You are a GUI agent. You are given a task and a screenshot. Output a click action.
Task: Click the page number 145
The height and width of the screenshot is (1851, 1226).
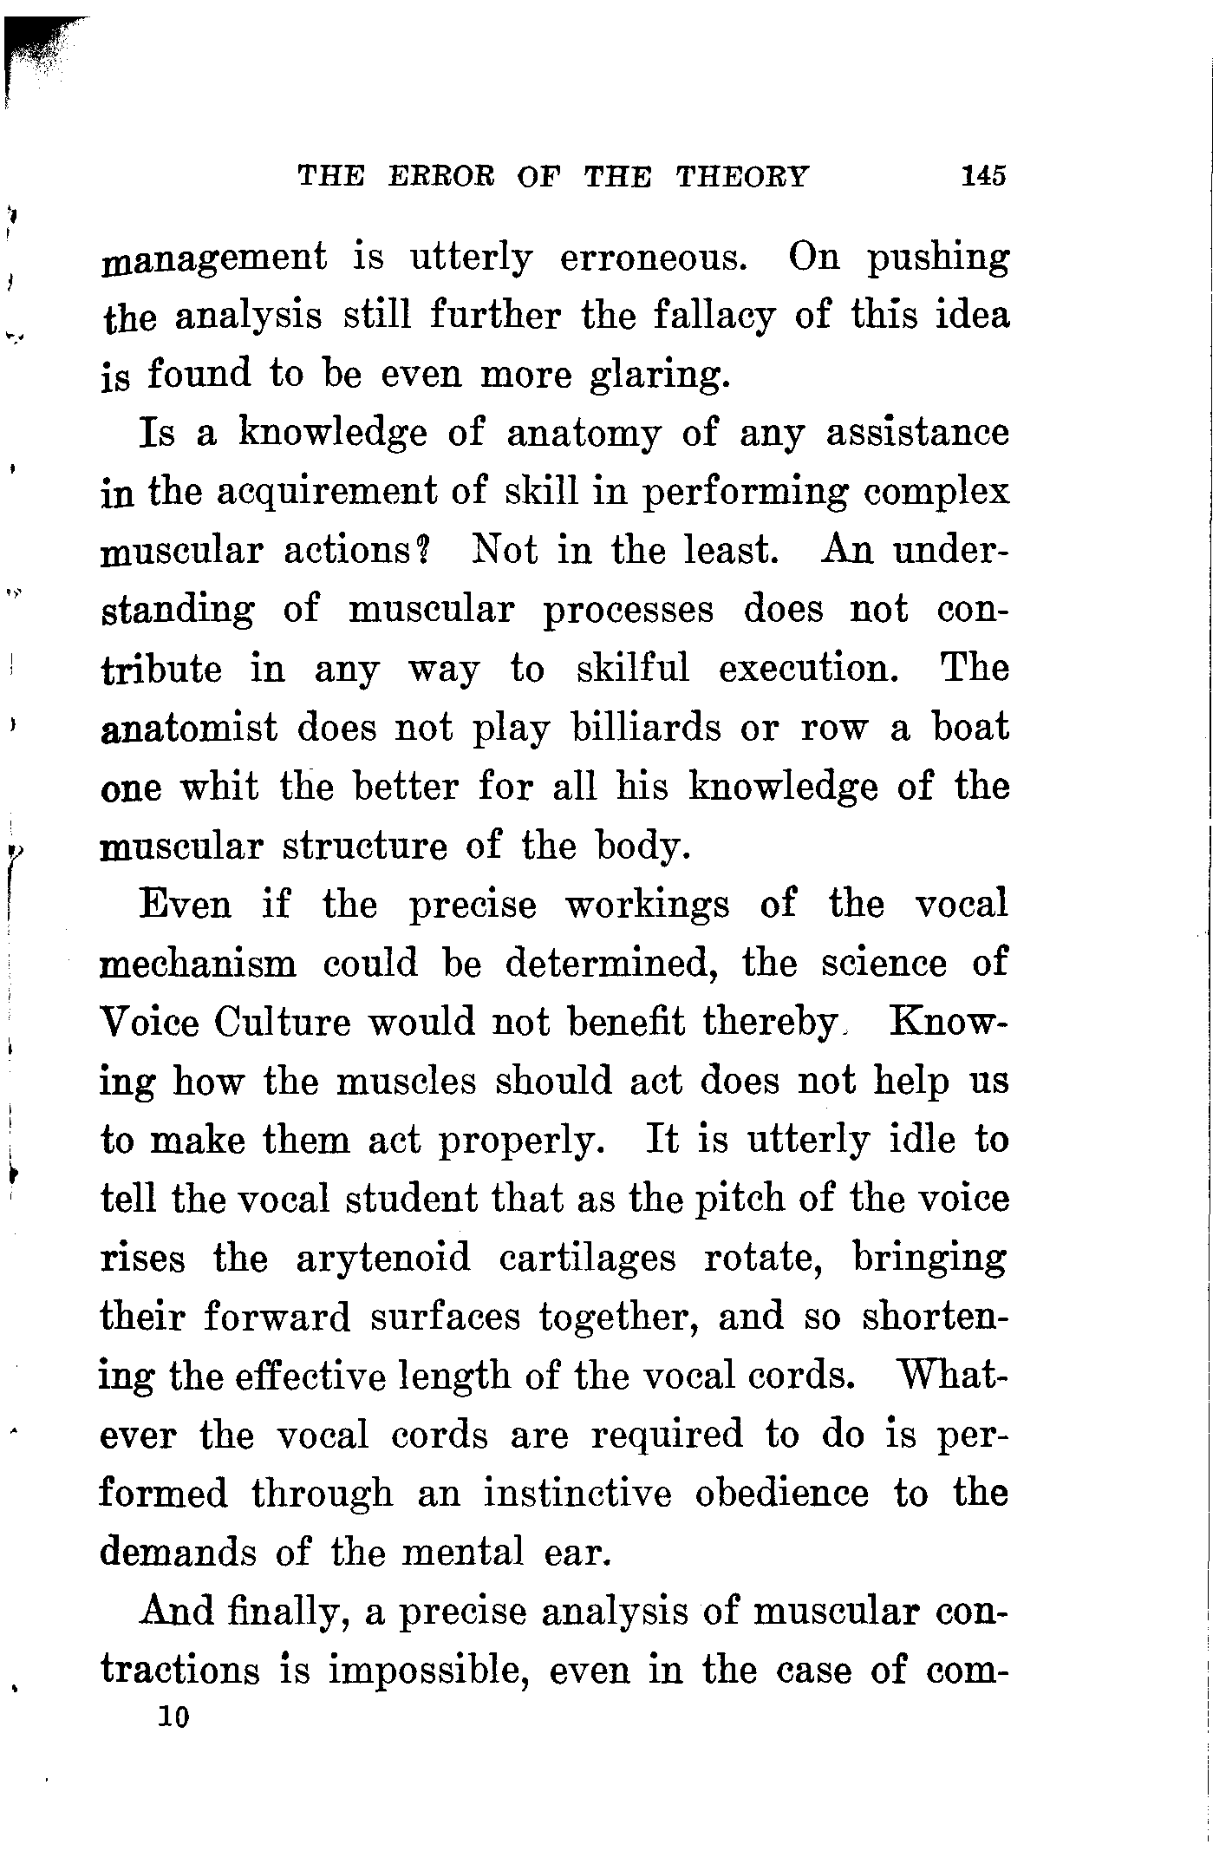point(983,176)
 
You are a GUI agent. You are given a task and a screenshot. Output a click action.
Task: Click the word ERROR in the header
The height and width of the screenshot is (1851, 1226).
point(441,176)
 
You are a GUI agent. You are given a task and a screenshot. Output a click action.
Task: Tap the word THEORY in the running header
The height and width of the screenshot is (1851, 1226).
point(741,176)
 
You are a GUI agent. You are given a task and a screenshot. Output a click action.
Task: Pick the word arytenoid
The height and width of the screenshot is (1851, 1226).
point(383,1258)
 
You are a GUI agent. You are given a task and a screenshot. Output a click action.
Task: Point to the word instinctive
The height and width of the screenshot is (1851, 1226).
point(577,1494)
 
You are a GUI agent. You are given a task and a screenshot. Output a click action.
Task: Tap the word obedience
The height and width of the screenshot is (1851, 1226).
point(782,1494)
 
